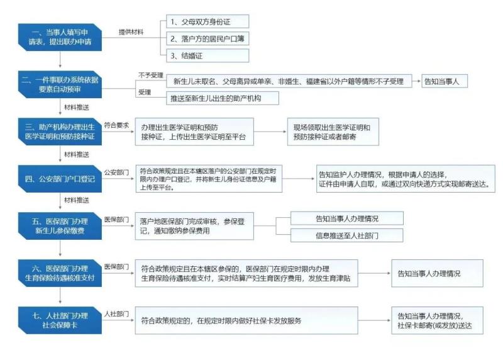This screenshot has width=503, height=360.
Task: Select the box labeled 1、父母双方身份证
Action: (x=207, y=22)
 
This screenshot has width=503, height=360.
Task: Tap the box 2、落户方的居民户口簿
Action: (x=207, y=39)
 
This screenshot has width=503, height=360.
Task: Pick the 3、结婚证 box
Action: (x=207, y=55)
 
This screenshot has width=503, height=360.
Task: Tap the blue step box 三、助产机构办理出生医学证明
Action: (x=60, y=131)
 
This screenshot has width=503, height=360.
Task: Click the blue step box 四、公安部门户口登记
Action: (x=60, y=179)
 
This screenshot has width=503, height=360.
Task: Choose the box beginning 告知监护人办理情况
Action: (x=403, y=179)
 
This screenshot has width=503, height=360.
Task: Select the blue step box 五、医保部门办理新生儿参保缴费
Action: (x=60, y=226)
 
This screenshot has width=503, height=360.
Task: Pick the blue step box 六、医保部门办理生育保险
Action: (x=60, y=273)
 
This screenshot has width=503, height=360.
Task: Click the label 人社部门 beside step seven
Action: (x=116, y=313)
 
